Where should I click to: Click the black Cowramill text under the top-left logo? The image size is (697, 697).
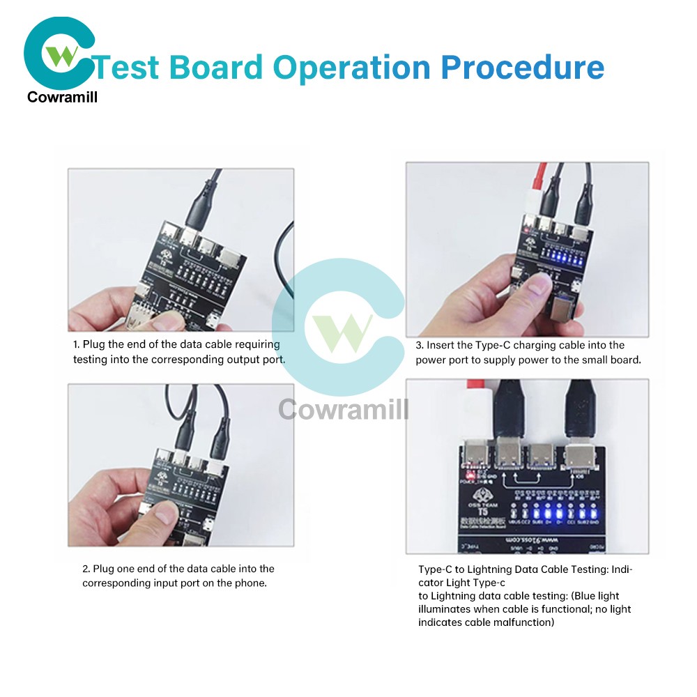(x=62, y=98)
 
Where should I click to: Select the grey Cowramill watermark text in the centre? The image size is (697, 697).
(x=344, y=410)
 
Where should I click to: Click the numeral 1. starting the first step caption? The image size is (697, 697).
(x=77, y=344)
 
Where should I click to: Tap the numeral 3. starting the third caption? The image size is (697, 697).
(x=420, y=345)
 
